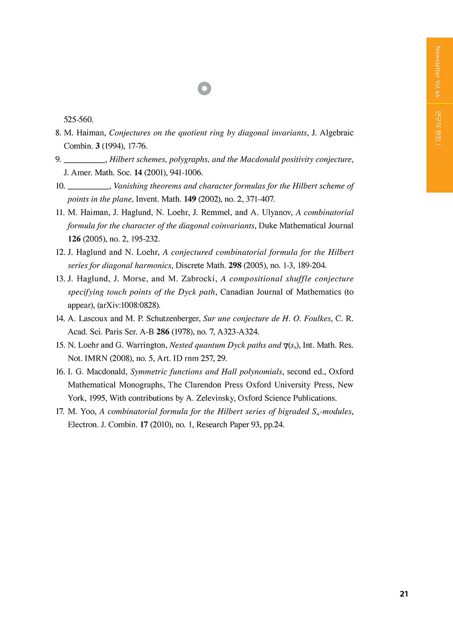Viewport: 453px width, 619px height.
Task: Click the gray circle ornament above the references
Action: pos(205,88)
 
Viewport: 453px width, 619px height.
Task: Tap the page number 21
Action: pos(404,594)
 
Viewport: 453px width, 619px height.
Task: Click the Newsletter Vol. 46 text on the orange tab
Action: pos(437,72)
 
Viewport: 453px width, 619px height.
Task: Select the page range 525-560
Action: pos(78,120)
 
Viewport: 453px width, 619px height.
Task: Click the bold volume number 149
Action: pos(190,199)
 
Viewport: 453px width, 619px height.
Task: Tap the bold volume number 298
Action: pos(235,266)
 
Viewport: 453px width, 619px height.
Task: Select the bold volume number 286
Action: pos(163,332)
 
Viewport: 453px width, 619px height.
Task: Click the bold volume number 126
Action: pos(74,239)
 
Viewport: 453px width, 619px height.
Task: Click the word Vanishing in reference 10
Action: pos(130,186)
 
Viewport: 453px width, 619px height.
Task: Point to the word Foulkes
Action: pos(317,319)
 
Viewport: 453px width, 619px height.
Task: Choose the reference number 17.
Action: pos(60,411)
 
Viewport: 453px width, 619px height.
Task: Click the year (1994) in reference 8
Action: pos(111,146)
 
